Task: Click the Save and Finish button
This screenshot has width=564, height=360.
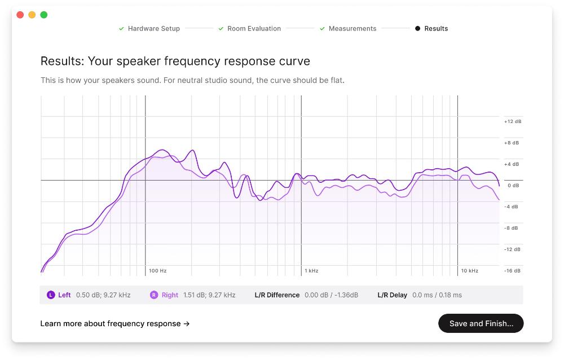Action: (481, 323)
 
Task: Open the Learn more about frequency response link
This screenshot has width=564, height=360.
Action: (114, 323)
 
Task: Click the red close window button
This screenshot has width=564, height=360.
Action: (20, 15)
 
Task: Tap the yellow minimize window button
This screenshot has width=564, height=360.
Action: (32, 15)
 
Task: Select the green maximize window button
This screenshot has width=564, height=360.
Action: (44, 15)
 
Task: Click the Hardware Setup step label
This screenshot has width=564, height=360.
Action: (153, 28)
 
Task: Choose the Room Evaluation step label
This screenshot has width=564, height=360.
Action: (254, 28)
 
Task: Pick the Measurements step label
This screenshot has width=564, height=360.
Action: (352, 28)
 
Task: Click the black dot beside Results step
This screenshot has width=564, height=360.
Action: (417, 28)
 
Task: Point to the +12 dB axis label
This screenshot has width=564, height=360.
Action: (512, 121)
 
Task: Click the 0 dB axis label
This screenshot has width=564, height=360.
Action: (513, 185)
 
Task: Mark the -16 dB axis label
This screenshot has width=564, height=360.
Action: (512, 271)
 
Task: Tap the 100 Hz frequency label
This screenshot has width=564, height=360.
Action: (157, 271)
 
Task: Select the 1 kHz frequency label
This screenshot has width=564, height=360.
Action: (311, 271)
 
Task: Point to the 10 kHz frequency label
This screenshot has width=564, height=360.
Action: (469, 271)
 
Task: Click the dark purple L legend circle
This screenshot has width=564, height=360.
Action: (51, 295)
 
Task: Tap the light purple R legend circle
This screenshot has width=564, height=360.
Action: (154, 295)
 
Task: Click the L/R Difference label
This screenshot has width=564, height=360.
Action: (277, 295)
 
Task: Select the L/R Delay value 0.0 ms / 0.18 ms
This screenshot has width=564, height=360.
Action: (437, 295)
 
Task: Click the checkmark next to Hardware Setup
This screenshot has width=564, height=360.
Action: (121, 28)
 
